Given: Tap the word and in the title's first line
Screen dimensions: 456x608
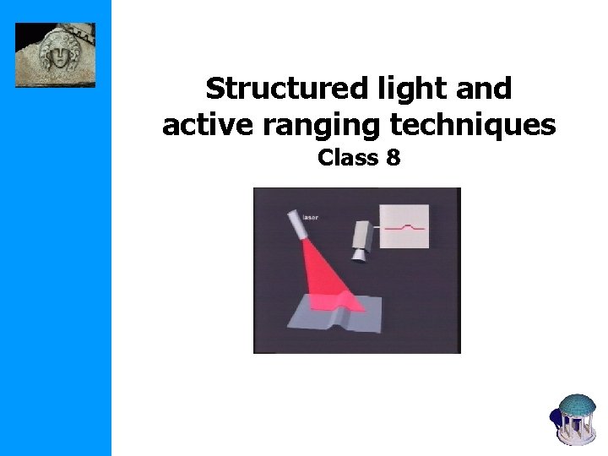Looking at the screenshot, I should pyautogui.click(x=484, y=88).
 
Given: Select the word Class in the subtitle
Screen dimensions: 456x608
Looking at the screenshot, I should pyautogui.click(x=345, y=157).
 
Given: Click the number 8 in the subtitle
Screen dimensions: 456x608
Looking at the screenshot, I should pyautogui.click(x=393, y=157).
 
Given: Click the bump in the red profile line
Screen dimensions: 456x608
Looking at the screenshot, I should pyautogui.click(x=410, y=225).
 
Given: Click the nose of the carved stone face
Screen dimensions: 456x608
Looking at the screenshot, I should pyautogui.click(x=57, y=61).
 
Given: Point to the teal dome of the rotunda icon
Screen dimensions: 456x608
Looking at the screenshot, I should pyautogui.click(x=578, y=404).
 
